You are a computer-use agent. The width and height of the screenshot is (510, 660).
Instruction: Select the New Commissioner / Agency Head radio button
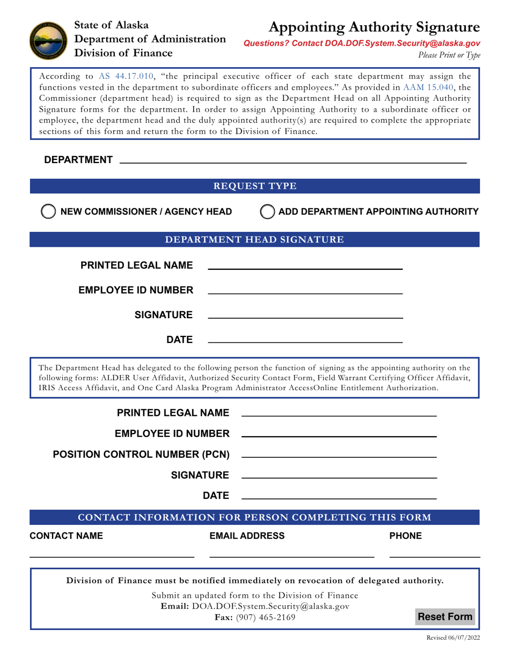coord(48,211)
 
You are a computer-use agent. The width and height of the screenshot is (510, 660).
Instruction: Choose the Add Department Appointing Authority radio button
coord(267,211)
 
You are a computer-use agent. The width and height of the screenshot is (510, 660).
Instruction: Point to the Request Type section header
coord(255,186)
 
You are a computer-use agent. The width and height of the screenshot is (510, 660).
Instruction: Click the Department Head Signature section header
coord(255,239)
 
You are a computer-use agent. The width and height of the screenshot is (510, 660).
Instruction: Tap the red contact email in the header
coord(362,44)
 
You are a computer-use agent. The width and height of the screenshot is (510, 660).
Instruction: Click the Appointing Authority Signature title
coord(374,27)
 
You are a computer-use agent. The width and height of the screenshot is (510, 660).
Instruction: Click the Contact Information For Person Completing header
coord(255,517)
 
